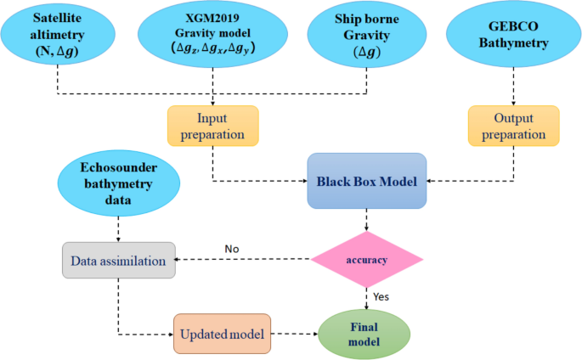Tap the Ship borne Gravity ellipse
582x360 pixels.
[x=367, y=37]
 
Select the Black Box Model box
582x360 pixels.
[x=366, y=181]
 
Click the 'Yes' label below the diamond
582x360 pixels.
[x=381, y=297]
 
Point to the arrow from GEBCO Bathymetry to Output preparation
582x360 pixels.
[x=513, y=87]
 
